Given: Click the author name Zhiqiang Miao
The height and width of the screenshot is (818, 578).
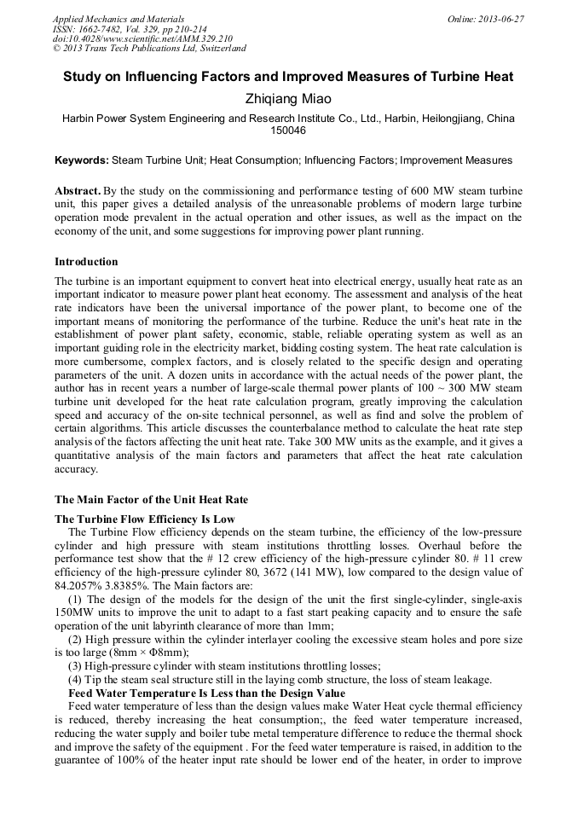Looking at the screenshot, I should pos(288,99).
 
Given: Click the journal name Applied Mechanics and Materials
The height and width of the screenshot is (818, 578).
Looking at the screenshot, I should pos(118,19).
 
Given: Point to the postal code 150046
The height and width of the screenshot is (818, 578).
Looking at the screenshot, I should pos(288,131).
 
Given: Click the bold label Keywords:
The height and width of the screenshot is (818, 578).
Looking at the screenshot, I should pos(82,160).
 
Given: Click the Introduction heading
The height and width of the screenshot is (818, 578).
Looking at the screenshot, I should pos(86,262).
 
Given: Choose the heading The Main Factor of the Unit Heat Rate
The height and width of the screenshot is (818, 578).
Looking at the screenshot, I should pos(151,499).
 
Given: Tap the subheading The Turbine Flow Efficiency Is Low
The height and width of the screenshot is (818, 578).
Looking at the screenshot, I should pos(145,519).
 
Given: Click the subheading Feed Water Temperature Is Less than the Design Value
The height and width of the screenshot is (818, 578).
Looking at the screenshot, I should pos(206,693).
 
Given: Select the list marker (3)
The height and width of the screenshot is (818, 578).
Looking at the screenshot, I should pos(76,666).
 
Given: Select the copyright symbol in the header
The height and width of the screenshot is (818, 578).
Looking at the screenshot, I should pos(56,49).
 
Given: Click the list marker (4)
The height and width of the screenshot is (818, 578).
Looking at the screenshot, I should pos(76,680).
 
